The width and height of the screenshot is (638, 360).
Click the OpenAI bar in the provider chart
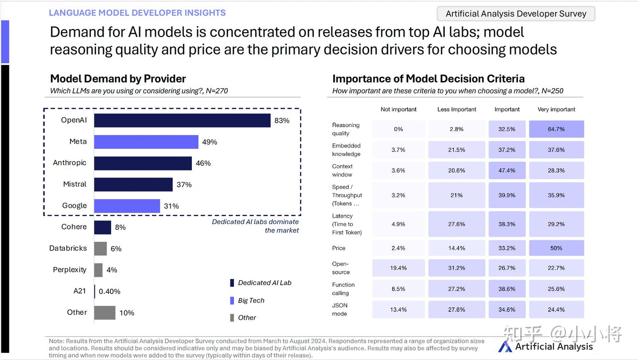point(182,120)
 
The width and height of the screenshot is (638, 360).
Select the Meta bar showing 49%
point(146,142)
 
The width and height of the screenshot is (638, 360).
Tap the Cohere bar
point(102,227)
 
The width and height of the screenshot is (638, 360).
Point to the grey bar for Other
point(105,313)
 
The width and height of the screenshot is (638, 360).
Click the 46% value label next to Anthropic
point(203,163)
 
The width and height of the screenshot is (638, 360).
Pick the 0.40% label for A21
point(109,291)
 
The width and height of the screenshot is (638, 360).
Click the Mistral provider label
point(74,184)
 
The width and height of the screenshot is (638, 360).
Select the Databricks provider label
point(68,248)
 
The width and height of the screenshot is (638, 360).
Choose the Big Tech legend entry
point(247,301)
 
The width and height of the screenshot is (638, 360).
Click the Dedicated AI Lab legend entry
point(261,283)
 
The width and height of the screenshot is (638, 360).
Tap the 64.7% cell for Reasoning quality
point(556,129)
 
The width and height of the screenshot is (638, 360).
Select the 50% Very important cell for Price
point(556,248)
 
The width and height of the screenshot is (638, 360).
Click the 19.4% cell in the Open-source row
point(398,268)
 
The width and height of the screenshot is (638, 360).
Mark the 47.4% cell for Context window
point(507,170)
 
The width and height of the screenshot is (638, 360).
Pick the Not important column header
point(398,109)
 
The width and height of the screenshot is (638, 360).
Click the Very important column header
point(556,109)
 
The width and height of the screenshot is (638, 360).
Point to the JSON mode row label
point(339,310)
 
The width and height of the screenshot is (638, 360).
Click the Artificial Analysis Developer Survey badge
point(516,14)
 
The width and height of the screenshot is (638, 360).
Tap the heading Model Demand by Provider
point(118,78)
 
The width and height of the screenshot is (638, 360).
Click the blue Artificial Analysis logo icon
point(505,347)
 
